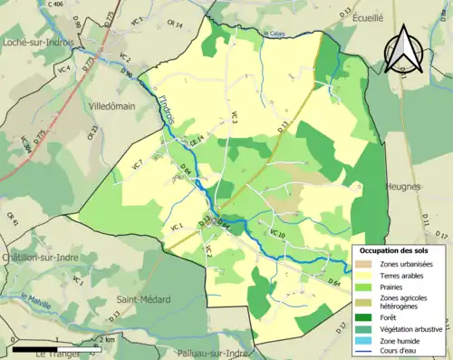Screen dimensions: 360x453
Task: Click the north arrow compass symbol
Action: (405, 48)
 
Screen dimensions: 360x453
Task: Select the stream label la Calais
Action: (275, 35)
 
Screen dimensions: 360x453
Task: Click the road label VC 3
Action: (233, 118)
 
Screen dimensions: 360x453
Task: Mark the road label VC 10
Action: (277, 235)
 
